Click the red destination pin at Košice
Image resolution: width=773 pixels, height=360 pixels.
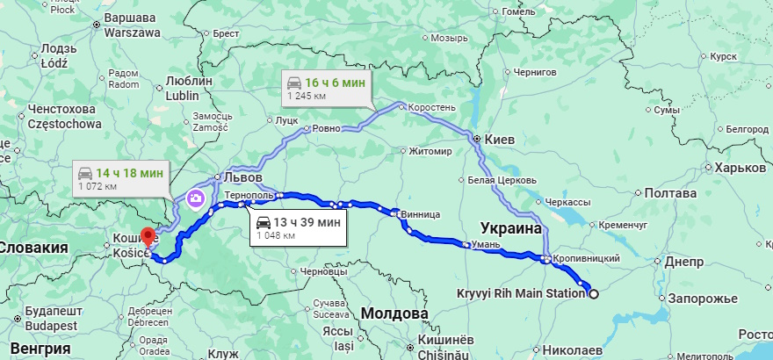point(148,236)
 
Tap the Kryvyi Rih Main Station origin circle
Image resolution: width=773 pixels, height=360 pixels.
point(593,293)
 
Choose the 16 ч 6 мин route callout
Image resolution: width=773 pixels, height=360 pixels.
point(326,88)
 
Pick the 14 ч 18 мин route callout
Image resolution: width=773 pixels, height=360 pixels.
point(119,179)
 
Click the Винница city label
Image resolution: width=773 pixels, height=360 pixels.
point(418,213)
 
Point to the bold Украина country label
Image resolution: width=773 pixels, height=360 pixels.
point(511,227)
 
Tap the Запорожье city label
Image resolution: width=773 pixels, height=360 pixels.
point(702,299)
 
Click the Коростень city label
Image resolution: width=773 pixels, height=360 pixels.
point(432,107)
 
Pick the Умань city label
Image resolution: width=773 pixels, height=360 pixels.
point(483,245)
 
